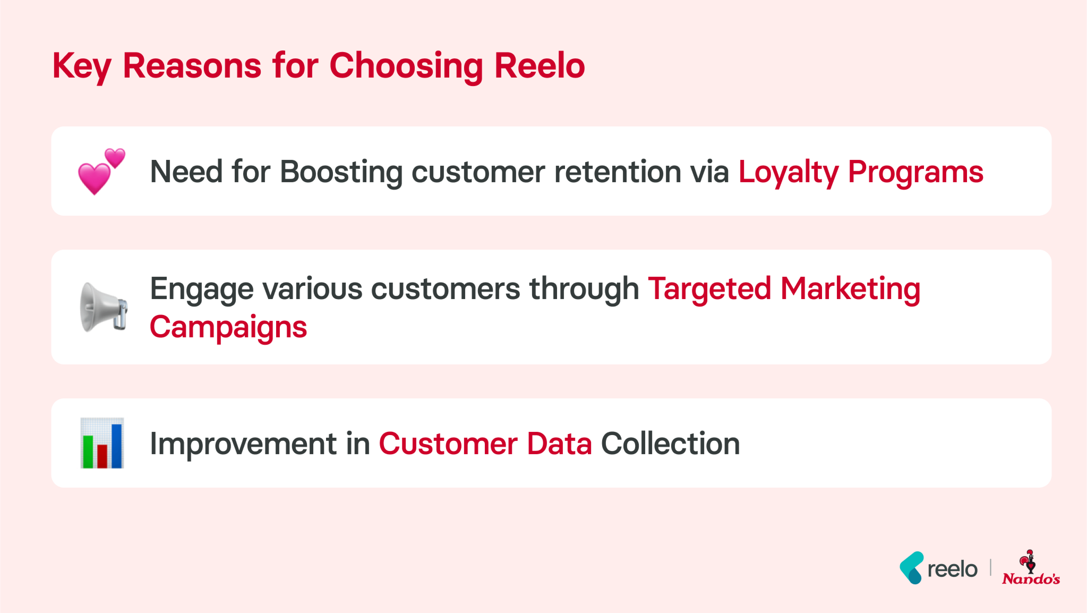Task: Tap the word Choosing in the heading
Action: (x=406, y=66)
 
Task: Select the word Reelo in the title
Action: (x=539, y=66)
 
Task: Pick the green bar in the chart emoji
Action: (x=88, y=452)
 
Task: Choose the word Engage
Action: (x=202, y=289)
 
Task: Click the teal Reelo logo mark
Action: (x=911, y=568)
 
